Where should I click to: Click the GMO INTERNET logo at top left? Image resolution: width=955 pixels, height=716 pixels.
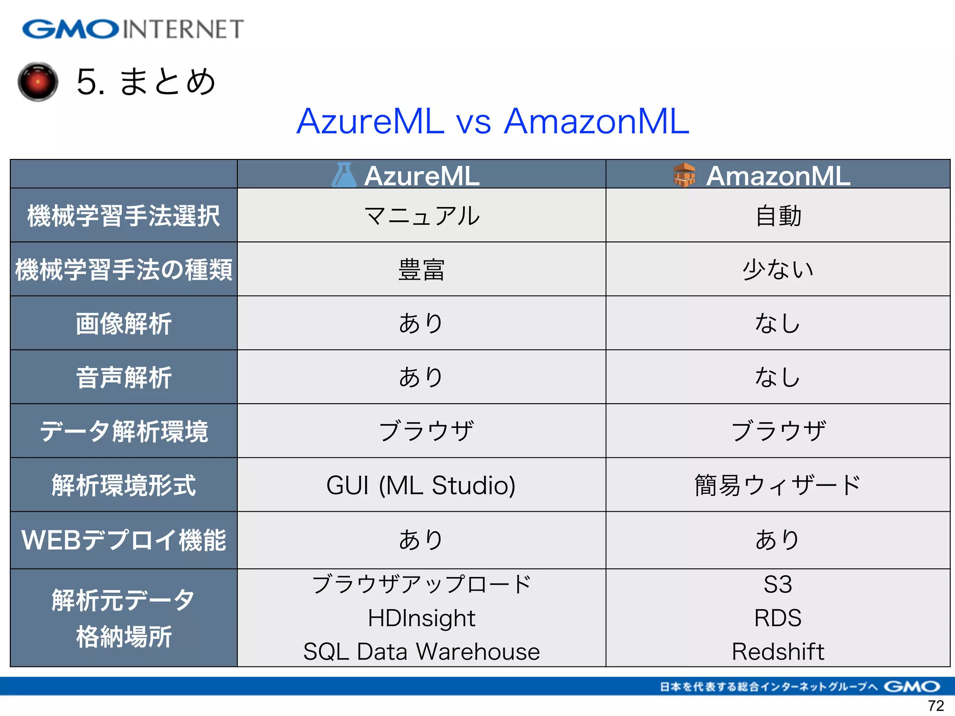click(x=133, y=29)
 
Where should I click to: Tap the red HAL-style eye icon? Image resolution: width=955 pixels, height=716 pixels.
click(x=38, y=82)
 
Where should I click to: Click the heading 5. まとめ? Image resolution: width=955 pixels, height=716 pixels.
click(x=145, y=82)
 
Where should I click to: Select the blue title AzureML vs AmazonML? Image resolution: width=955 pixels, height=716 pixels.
click(x=492, y=121)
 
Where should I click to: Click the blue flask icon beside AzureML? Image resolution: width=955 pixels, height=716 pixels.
click(x=344, y=175)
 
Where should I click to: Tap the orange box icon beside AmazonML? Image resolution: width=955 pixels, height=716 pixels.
click(x=684, y=175)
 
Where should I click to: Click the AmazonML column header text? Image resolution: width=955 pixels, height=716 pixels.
click(x=778, y=176)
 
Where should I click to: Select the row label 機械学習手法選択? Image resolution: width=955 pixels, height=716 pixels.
click(x=124, y=216)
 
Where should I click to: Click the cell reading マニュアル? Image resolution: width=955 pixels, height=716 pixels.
click(x=422, y=216)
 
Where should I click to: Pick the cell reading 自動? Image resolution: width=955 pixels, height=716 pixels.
click(x=778, y=216)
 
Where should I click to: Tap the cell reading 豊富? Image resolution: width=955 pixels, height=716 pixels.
click(x=422, y=270)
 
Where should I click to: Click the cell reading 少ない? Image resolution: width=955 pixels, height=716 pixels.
click(x=778, y=269)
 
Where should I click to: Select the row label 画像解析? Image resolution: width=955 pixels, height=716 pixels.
click(x=124, y=324)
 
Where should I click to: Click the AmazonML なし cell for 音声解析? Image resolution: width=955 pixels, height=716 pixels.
click(x=778, y=377)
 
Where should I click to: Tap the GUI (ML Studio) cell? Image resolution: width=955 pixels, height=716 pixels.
click(x=421, y=485)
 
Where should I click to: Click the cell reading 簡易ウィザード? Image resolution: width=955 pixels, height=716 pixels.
click(x=778, y=485)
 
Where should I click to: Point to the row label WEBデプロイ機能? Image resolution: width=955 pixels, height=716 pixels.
click(x=124, y=540)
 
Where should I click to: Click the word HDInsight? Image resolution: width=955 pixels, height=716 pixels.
click(x=422, y=618)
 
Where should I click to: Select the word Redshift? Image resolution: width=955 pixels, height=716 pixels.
click(x=778, y=651)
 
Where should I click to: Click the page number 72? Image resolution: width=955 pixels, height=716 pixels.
click(x=936, y=705)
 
